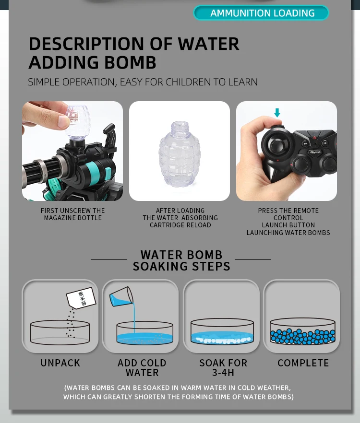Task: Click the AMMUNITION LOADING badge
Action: pyautogui.click(x=261, y=13)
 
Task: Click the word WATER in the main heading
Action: pyautogui.click(x=209, y=44)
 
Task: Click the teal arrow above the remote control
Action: pyautogui.click(x=277, y=113)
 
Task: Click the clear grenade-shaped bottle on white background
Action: pyautogui.click(x=179, y=153)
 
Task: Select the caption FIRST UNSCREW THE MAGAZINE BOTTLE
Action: pyautogui.click(x=72, y=214)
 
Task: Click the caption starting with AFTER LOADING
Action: pyautogui.click(x=180, y=218)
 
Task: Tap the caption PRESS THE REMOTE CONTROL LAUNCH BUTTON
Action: pyautogui.click(x=288, y=222)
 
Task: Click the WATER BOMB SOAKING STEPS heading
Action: pyautogui.click(x=181, y=260)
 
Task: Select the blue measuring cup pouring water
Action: pyautogui.click(x=120, y=297)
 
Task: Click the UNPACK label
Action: pyautogui.click(x=60, y=363)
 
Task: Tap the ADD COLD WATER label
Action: pyautogui.click(x=142, y=368)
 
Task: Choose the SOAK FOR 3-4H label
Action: pyautogui.click(x=223, y=368)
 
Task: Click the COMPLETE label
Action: pyautogui.click(x=303, y=363)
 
